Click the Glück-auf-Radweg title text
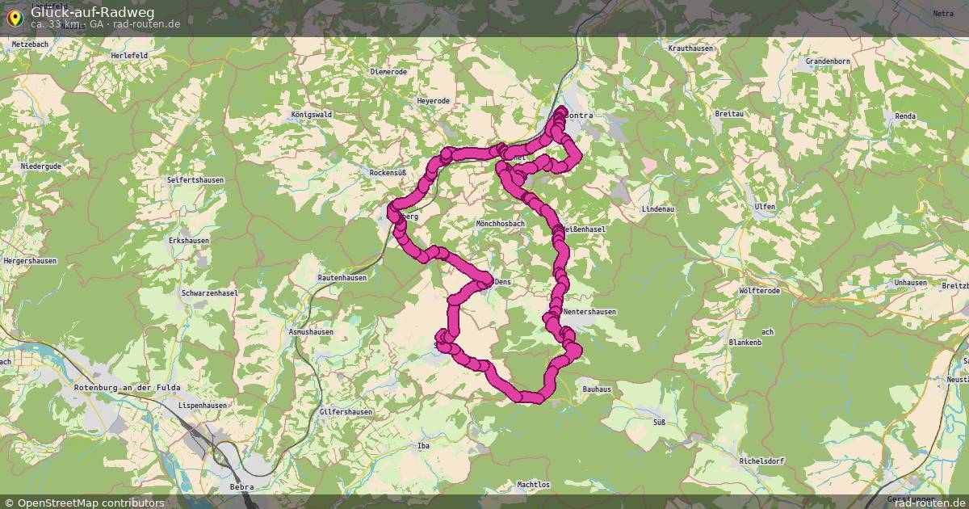81,12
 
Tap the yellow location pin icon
15,17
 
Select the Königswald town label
312,116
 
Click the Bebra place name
241,487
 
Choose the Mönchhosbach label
501,223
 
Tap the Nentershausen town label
589,312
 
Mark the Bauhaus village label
597,389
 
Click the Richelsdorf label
761,461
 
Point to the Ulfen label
764,207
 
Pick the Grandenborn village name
829,61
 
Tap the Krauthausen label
691,48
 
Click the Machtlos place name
533,485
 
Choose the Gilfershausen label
346,412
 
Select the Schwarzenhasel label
210,293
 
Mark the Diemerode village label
388,71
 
